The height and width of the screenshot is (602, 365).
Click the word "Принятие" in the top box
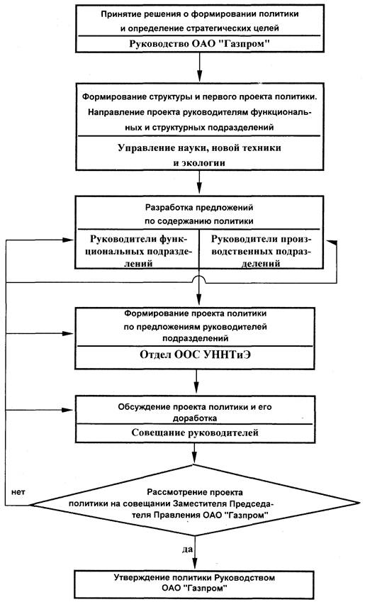[118, 15]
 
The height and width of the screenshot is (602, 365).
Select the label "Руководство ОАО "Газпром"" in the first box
[200, 43]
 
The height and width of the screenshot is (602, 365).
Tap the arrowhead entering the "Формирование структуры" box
[200, 76]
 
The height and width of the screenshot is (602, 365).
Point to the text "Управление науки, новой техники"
[199, 147]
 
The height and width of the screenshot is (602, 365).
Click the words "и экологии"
[199, 163]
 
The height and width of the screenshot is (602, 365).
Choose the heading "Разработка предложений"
[199, 208]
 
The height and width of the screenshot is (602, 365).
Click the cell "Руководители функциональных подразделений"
[138, 251]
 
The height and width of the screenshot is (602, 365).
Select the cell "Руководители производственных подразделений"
[262, 251]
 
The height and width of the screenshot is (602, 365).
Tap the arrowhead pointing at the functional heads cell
[68, 240]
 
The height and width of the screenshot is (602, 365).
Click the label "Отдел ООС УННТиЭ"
[196, 355]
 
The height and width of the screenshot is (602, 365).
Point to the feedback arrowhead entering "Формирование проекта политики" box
[68, 333]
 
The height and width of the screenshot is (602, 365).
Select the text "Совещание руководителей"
[195, 433]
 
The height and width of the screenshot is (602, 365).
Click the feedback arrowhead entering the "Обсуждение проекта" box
[68, 410]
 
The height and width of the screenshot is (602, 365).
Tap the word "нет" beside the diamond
[18, 492]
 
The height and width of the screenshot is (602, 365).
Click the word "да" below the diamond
[187, 550]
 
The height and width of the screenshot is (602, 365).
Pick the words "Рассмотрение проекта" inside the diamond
[195, 492]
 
